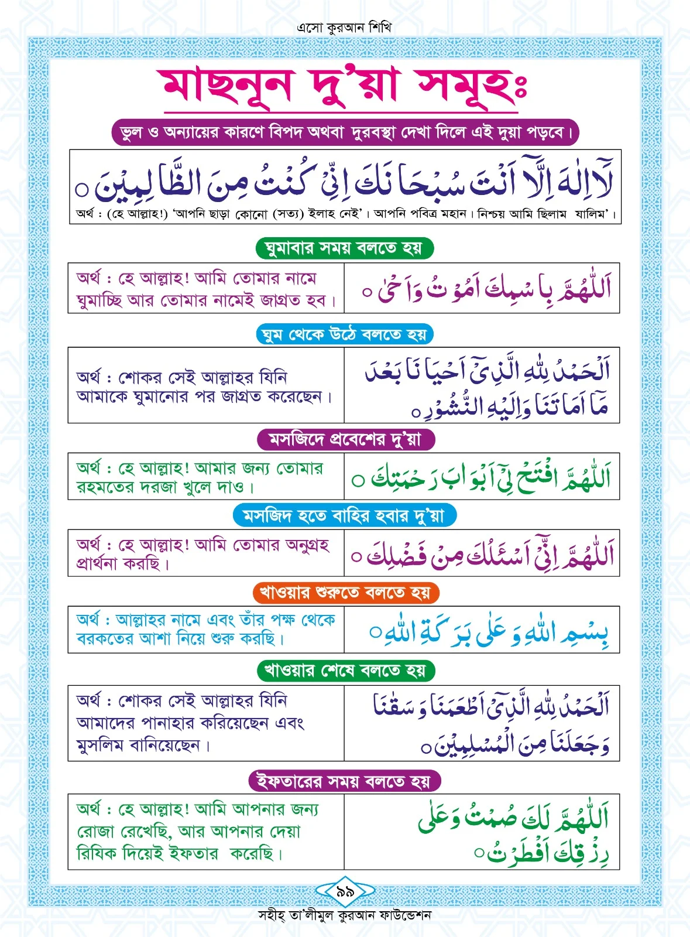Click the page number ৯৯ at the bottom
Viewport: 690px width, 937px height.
click(345, 892)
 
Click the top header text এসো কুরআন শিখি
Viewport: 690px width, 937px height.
click(344, 28)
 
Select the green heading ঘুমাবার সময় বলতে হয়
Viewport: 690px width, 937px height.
click(344, 248)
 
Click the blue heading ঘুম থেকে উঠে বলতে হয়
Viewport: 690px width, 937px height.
click(345, 334)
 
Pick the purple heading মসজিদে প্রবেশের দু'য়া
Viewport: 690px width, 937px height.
click(345, 439)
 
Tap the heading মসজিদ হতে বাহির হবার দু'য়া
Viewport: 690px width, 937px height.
click(344, 516)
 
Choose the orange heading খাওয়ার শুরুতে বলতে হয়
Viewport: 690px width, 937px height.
click(345, 593)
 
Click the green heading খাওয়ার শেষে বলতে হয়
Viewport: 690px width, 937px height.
click(345, 670)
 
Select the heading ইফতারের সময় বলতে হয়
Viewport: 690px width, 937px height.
click(345, 781)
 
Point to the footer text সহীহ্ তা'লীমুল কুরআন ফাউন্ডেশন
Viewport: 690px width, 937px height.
click(345, 915)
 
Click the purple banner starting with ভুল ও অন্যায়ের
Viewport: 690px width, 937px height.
click(345, 133)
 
